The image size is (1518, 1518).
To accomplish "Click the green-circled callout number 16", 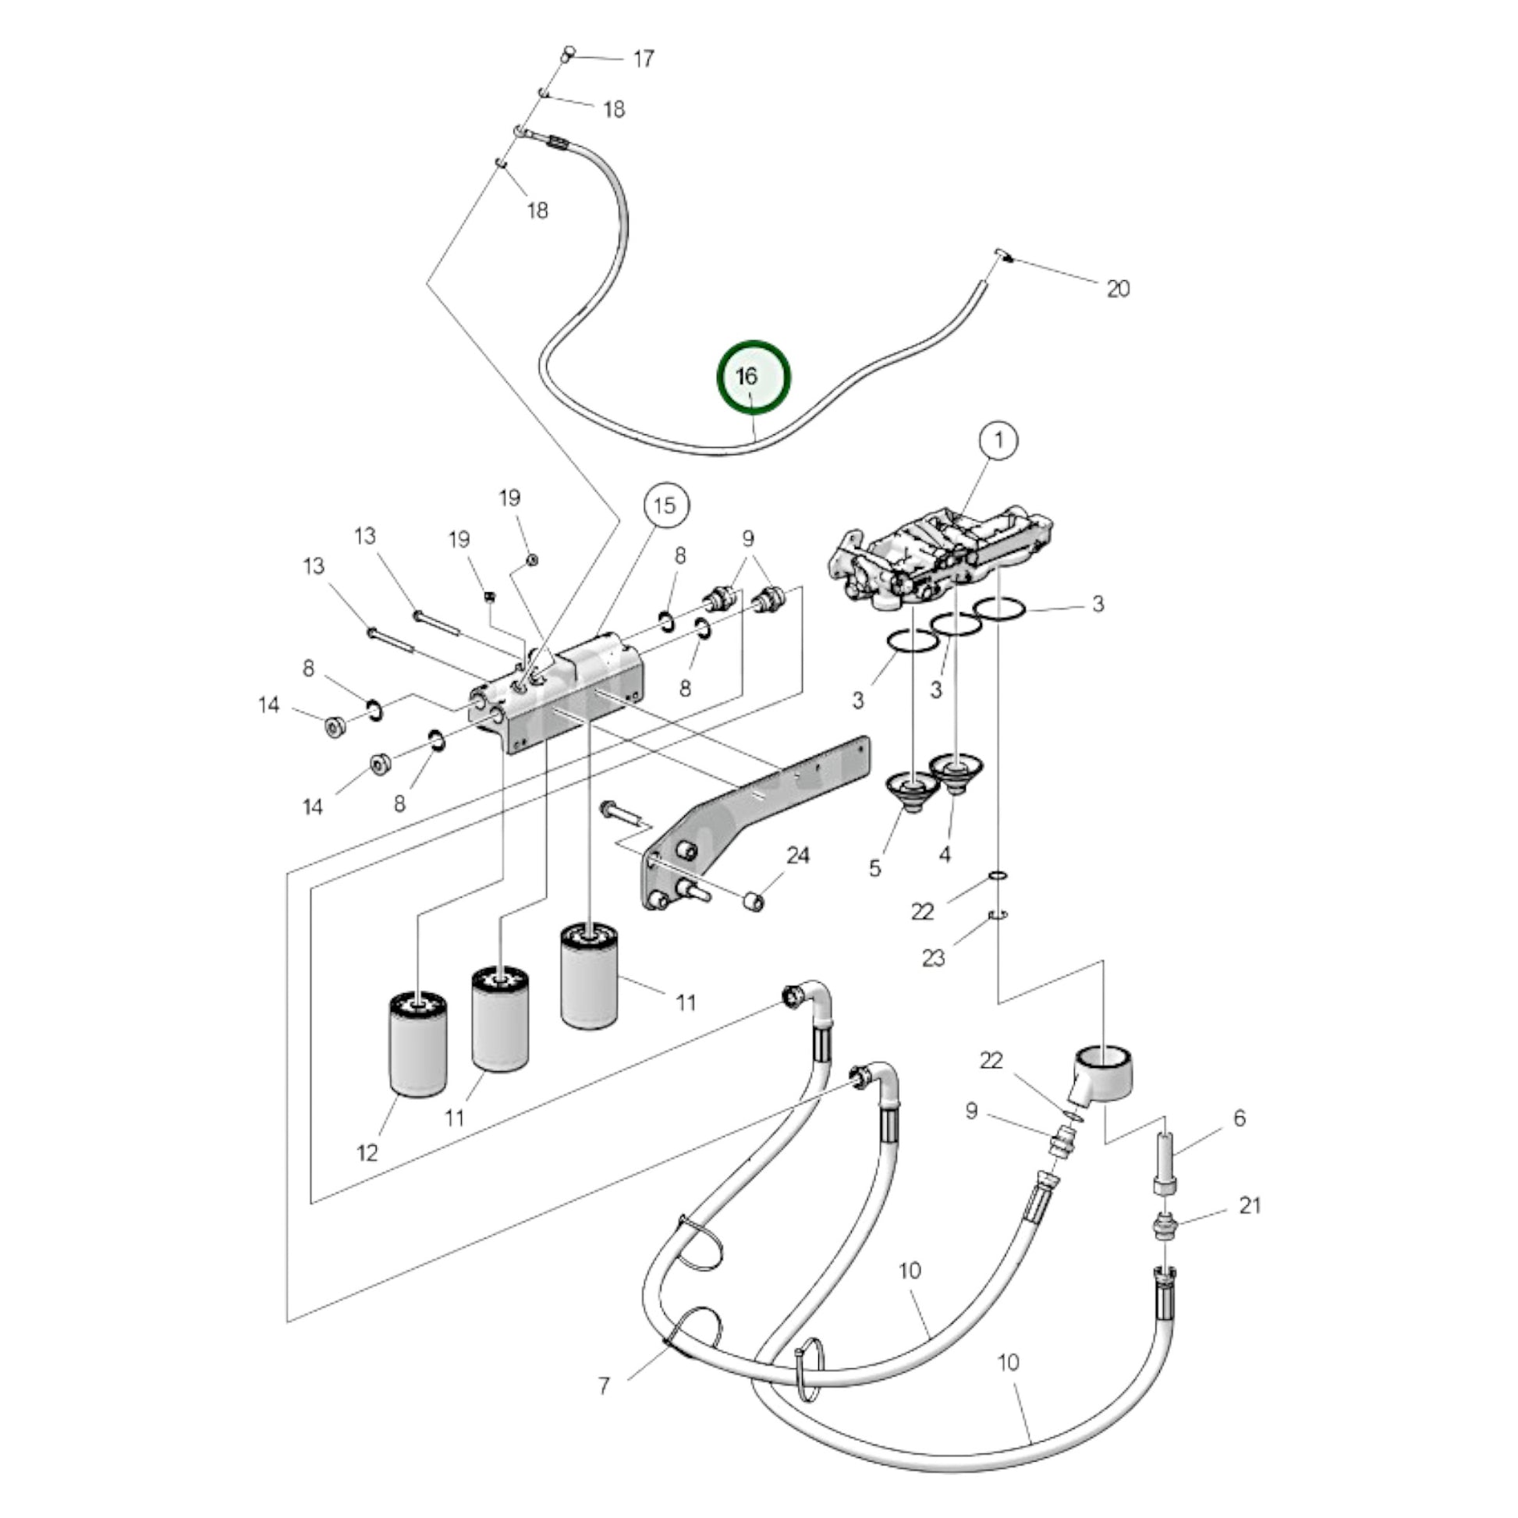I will (x=753, y=376).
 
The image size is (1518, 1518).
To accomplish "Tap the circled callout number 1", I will (x=998, y=440).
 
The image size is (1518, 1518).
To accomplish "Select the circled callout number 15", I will (x=665, y=505).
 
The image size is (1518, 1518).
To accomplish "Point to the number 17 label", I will (x=644, y=59).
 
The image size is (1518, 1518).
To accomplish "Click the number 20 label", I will (x=1117, y=289).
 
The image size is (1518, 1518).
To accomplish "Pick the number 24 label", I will (x=797, y=856).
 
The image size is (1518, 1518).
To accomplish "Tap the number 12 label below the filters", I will (x=367, y=1153).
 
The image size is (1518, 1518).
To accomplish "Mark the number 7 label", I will (x=604, y=1386).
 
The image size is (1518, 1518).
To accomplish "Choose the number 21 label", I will (x=1250, y=1205).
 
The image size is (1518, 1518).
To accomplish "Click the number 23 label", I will (x=933, y=958).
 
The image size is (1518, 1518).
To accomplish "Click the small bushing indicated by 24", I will (x=754, y=901).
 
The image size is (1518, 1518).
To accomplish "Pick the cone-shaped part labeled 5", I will (x=911, y=791).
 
